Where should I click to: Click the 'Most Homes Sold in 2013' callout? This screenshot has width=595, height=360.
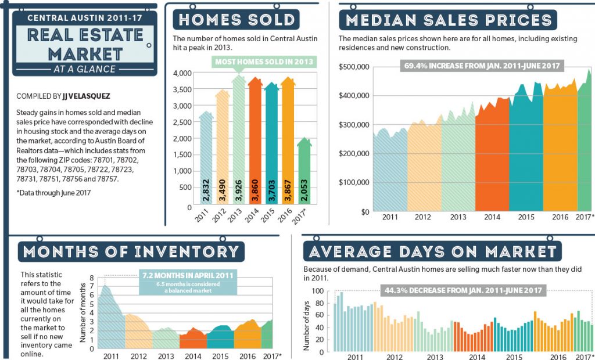point(264,62)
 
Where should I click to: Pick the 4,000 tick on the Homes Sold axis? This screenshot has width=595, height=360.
point(182,73)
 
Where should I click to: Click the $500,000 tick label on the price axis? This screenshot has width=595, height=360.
point(354,67)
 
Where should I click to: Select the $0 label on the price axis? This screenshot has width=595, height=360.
point(365,212)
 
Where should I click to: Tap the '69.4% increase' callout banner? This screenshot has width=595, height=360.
point(482,66)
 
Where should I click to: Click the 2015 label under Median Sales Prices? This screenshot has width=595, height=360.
point(526,217)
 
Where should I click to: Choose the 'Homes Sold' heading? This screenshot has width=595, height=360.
point(236,20)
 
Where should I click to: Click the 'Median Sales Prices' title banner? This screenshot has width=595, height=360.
point(448,20)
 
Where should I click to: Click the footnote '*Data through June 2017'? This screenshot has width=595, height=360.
point(53,193)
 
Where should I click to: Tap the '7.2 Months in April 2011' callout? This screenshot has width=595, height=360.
point(188,282)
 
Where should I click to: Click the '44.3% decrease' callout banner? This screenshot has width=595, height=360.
point(463,290)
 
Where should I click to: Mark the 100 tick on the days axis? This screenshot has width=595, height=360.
point(318,291)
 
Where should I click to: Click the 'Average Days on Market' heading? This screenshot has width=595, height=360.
point(432,251)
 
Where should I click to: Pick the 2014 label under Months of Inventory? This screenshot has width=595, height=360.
point(193,356)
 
